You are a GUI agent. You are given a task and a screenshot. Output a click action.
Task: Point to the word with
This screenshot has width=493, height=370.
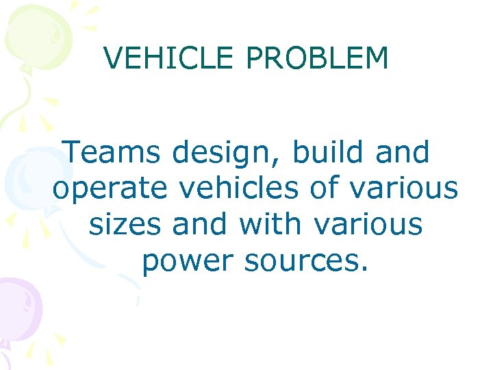pyautogui.click(x=270, y=223)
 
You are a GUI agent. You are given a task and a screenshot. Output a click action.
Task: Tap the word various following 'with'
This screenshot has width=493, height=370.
pyautogui.click(x=369, y=223)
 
